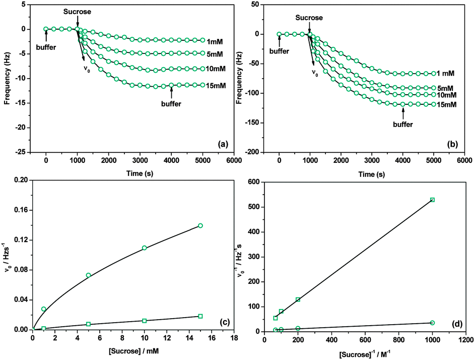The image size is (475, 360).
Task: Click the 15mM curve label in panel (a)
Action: coord(216,85)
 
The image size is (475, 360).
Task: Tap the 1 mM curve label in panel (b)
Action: coord(447,74)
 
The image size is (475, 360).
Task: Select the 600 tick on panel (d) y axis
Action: coord(255,182)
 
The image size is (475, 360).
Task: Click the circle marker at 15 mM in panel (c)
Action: coord(200,225)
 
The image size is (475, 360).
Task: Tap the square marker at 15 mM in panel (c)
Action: coord(200,316)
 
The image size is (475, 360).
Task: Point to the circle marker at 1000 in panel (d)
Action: coord(432,323)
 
